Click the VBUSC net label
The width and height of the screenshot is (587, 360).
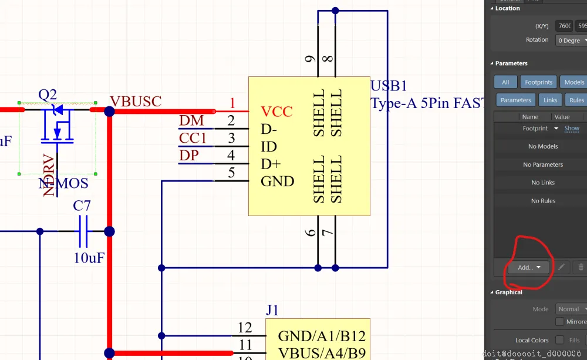pyautogui.click(x=136, y=101)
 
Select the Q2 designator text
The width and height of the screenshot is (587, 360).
pyautogui.click(x=48, y=95)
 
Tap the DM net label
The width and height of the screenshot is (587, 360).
pyautogui.click(x=191, y=121)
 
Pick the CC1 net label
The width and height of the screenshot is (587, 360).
pyautogui.click(x=193, y=138)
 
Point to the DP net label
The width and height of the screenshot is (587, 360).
pyautogui.click(x=189, y=156)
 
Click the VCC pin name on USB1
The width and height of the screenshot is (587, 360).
pyautogui.click(x=276, y=112)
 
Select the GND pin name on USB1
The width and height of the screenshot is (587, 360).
pyautogui.click(x=278, y=181)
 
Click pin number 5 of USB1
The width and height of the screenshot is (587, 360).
pyautogui.click(x=231, y=173)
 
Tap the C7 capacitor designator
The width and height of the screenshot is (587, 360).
pyautogui.click(x=82, y=206)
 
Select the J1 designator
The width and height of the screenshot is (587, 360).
pyautogui.click(x=272, y=310)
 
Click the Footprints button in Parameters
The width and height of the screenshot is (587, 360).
pyautogui.click(x=538, y=82)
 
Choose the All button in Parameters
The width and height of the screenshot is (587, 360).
pyautogui.click(x=505, y=82)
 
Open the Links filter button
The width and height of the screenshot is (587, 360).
pyautogui.click(x=550, y=100)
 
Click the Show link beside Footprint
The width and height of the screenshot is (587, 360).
pyautogui.click(x=572, y=128)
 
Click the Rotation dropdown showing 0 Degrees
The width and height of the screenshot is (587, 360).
pyautogui.click(x=571, y=41)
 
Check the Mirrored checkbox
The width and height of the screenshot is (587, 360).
pyautogui.click(x=560, y=322)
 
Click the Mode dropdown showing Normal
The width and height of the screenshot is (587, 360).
pyautogui.click(x=571, y=309)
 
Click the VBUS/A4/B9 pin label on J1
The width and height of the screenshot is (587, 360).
pyautogui.click(x=322, y=353)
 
